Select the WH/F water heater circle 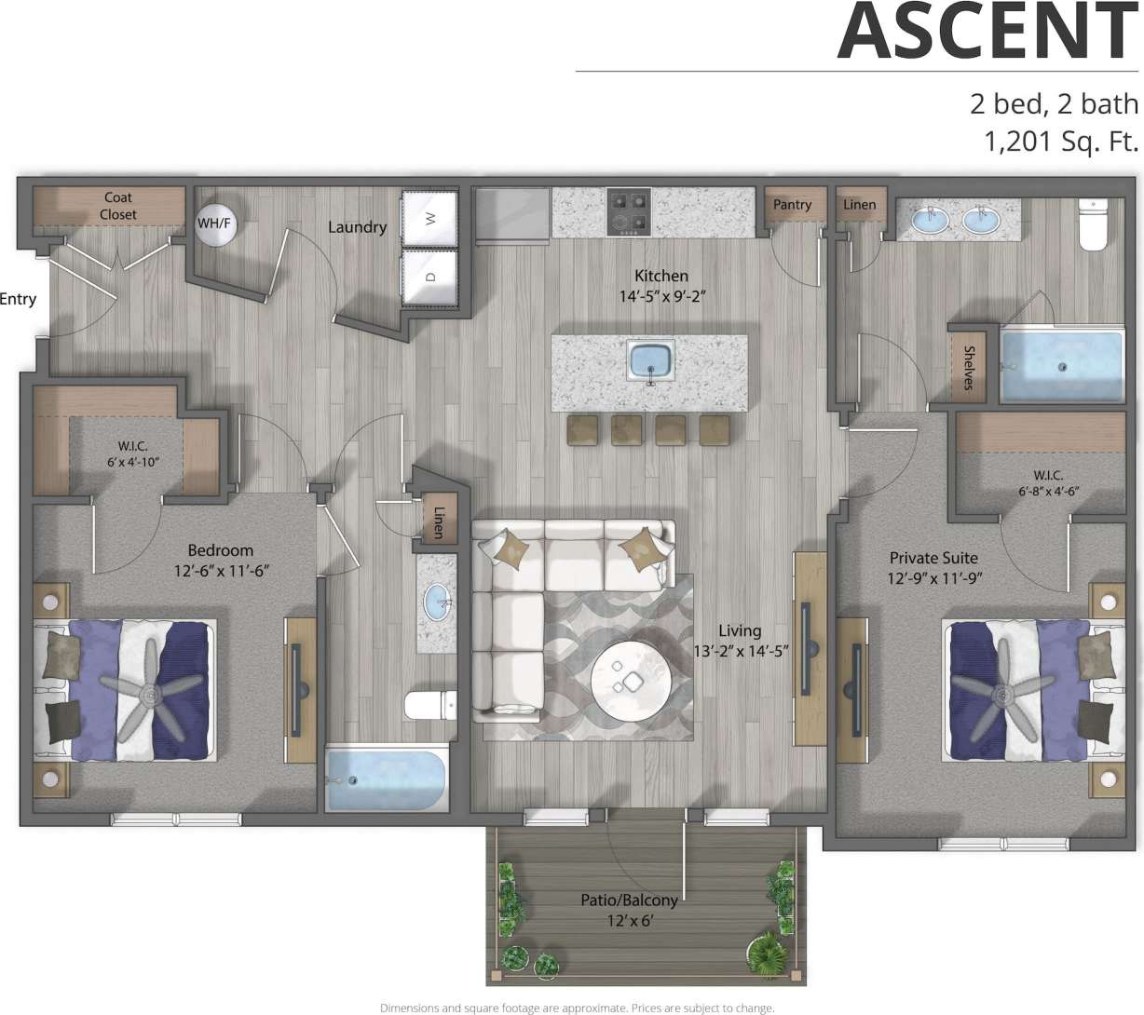tap(213, 223)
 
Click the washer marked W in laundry tap(430, 219)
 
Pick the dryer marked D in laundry tap(430, 277)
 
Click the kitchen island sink tap(651, 361)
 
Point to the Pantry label tap(792, 204)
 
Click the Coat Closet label tap(118, 206)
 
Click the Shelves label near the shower tap(969, 368)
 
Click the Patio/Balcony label tap(629, 900)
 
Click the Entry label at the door tap(18, 299)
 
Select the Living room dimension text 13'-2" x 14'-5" tap(741, 651)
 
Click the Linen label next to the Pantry tap(859, 204)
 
